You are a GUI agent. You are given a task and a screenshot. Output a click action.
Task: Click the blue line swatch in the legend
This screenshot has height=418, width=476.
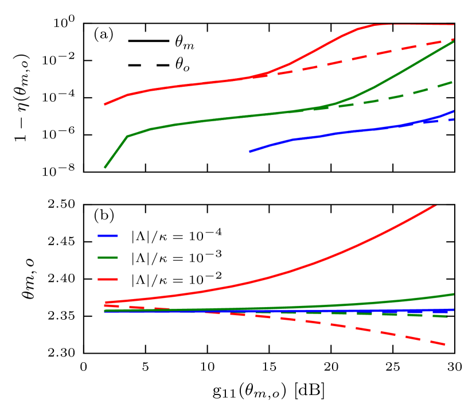click(108, 235)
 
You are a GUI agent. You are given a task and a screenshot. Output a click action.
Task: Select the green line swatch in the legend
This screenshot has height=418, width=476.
click(108, 257)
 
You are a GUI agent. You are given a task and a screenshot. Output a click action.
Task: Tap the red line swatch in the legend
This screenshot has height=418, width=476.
click(108, 279)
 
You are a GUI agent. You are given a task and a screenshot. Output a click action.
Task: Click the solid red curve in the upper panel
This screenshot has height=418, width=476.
click(189, 84)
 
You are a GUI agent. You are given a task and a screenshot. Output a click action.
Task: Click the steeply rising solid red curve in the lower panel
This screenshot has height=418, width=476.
click(344, 251)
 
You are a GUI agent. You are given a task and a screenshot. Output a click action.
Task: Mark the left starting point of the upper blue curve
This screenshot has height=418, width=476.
click(251, 152)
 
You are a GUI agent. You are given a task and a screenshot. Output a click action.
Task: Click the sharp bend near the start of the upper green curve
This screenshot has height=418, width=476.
click(127, 137)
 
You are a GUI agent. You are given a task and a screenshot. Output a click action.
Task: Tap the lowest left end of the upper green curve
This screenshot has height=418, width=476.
click(105, 168)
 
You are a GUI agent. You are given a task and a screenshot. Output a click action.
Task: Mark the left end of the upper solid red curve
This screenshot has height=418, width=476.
click(105, 104)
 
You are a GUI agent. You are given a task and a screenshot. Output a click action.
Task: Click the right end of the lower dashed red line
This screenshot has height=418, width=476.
click(445, 344)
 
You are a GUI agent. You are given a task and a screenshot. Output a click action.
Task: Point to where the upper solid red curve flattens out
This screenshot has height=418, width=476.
click(376, 25)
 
